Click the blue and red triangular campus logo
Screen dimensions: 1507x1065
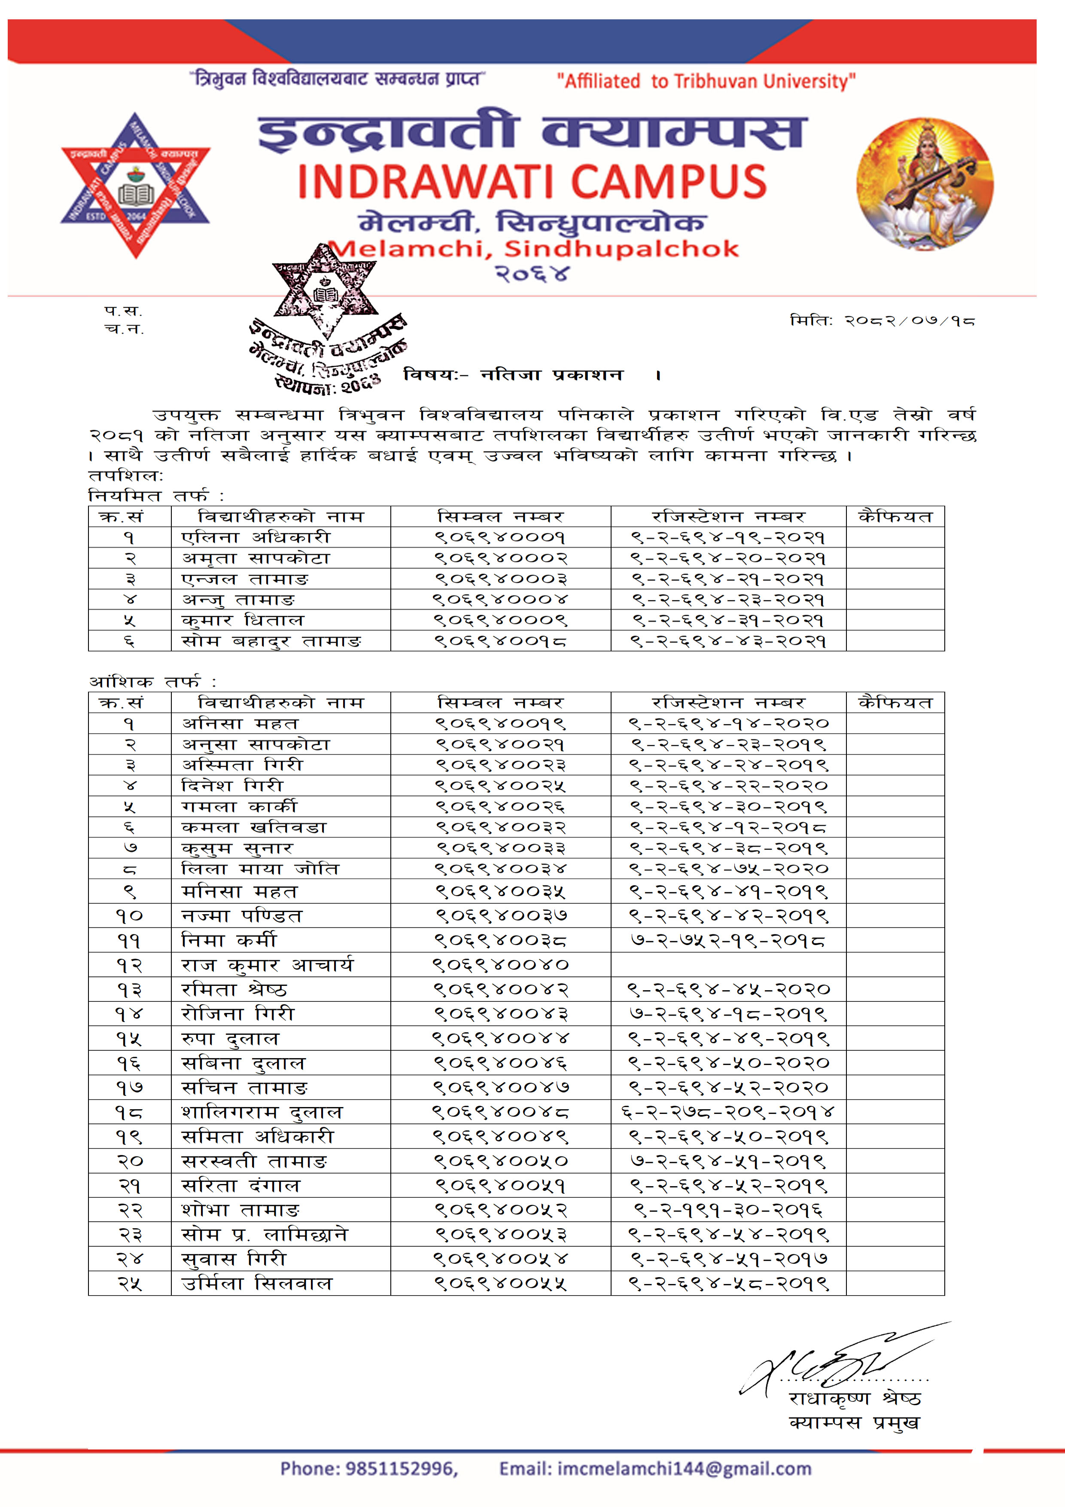coord(135,186)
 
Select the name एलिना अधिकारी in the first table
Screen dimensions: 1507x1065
coord(256,537)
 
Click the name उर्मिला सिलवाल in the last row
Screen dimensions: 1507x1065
coord(257,1283)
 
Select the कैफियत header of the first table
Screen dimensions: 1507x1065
coord(895,516)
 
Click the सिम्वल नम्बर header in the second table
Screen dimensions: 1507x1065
coord(500,703)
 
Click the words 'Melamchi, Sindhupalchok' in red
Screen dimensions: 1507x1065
coord(533,250)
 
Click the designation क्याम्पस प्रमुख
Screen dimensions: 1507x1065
coord(855,1422)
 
